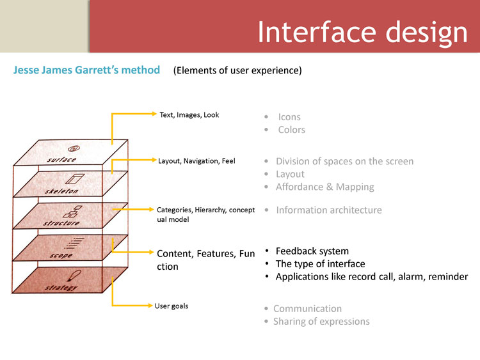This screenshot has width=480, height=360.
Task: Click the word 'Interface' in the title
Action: coord(317,32)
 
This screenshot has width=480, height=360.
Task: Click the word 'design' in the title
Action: coord(426,34)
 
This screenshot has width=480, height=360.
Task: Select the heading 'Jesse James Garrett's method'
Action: coord(86,70)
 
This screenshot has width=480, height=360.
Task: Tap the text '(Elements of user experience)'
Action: coord(237,70)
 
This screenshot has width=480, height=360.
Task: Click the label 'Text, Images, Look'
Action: coord(189,114)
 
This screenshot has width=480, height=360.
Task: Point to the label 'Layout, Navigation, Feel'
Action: coord(196,161)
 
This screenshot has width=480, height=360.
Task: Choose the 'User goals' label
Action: coord(172,306)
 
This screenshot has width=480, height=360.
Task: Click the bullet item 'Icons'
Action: coord(289,117)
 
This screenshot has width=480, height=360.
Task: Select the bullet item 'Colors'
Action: coord(291,130)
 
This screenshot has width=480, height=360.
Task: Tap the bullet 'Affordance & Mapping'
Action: coord(324,187)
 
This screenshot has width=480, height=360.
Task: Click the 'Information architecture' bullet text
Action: coord(329,210)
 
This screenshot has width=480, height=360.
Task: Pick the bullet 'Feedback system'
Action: coord(312,251)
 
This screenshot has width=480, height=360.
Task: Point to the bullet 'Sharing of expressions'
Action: coord(321,322)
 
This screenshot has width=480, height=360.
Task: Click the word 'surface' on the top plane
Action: coord(61,160)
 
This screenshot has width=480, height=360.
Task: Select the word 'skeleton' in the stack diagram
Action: coord(61,191)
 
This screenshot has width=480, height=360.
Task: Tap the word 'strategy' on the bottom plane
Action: coord(61,288)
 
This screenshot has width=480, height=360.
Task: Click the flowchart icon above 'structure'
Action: coord(72,212)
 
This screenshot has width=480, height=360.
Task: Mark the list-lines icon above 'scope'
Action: coord(74,243)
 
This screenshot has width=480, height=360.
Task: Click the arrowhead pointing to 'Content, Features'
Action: coord(151,252)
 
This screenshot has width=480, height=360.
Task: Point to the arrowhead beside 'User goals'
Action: coord(150,305)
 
